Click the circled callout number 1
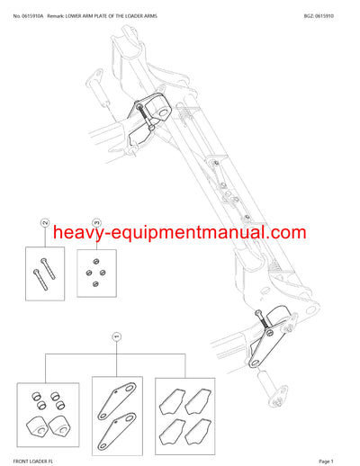click(x=116, y=336)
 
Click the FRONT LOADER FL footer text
click(x=31, y=460)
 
